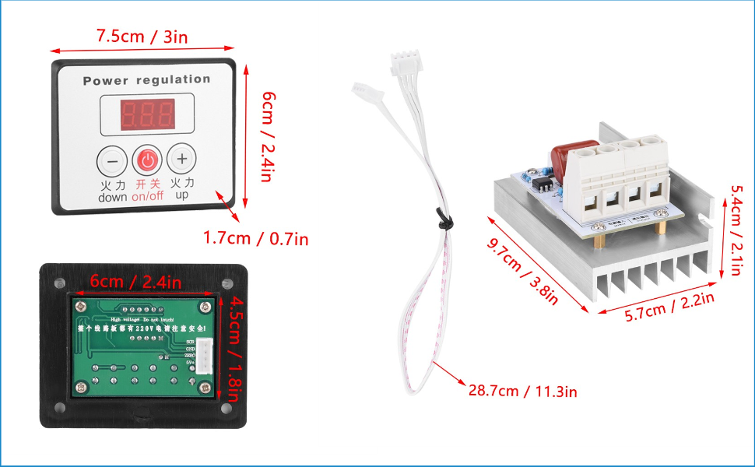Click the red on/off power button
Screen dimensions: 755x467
pos(147,161)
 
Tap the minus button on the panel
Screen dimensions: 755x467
pos(112,161)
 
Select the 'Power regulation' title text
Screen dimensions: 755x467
pos(146,80)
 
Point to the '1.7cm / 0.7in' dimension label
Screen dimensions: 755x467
pos(255,238)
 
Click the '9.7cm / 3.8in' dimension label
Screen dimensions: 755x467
pos(522,270)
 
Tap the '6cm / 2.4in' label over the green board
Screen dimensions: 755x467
pos(135,282)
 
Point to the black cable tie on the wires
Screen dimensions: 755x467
pos(441,222)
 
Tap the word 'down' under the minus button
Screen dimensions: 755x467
pos(112,198)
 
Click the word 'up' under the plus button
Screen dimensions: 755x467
pos(181,197)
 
